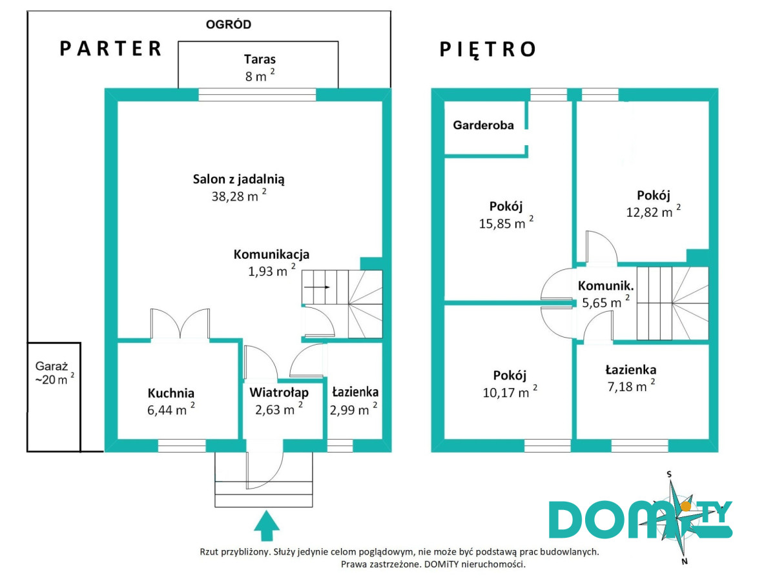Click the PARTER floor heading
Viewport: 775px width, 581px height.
tap(110, 49)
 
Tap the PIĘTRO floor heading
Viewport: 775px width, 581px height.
tap(488, 50)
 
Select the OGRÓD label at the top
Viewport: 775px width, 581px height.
tap(228, 25)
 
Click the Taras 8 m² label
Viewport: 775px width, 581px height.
tap(259, 66)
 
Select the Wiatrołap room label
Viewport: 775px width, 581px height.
tap(279, 392)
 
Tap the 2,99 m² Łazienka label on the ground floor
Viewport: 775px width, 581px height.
tap(355, 400)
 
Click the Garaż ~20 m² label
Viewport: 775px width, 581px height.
tap(54, 373)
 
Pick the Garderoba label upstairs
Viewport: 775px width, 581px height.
tap(484, 125)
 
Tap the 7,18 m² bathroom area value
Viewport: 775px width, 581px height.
tap(630, 387)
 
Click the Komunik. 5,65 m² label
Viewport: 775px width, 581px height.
tap(605, 294)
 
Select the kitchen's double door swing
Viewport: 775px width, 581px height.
tap(180, 323)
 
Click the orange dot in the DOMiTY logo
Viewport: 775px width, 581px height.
tap(677, 504)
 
